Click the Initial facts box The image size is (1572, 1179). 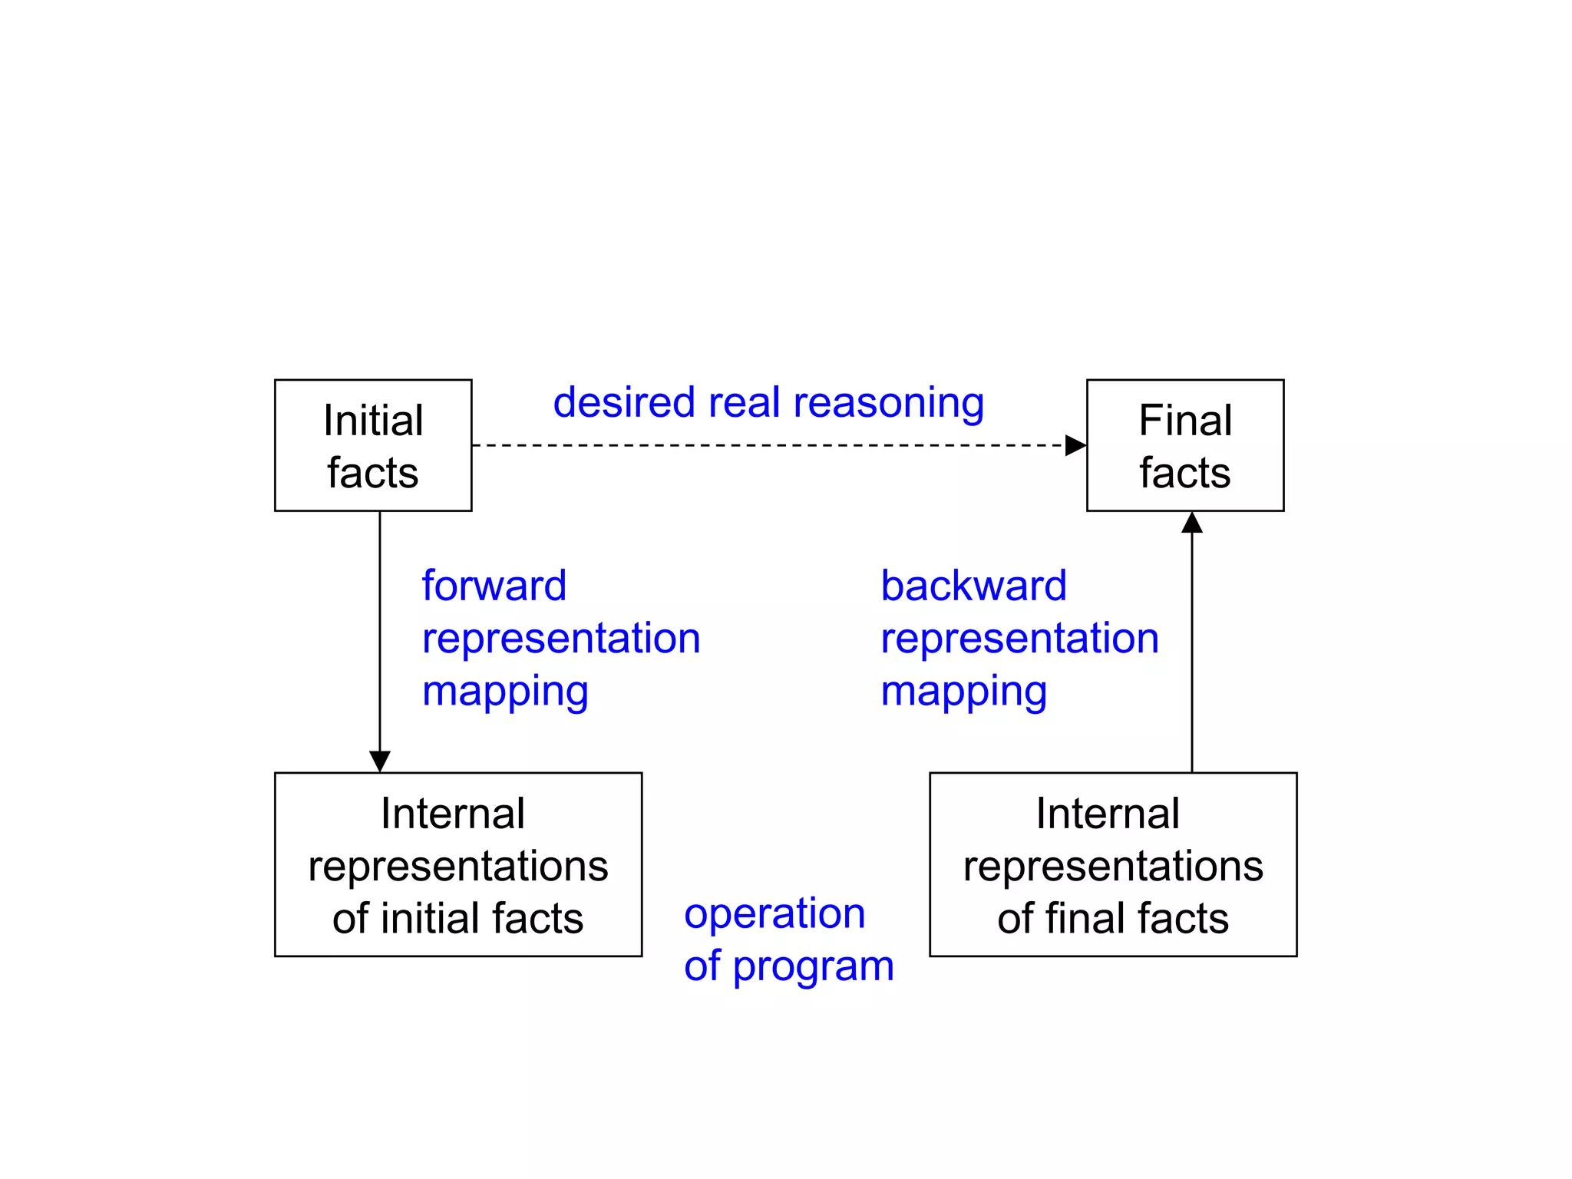click(x=373, y=445)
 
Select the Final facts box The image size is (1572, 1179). click(x=1185, y=445)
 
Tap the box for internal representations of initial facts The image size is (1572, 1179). click(x=458, y=864)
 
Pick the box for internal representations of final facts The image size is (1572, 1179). click(x=1113, y=864)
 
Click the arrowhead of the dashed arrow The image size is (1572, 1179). click(x=1075, y=445)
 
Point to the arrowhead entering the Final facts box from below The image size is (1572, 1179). click(x=1192, y=523)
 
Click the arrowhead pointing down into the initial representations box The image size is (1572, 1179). click(x=380, y=761)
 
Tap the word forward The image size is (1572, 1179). click(x=494, y=586)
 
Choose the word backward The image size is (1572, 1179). click(x=973, y=586)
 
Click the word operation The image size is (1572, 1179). click(x=774, y=913)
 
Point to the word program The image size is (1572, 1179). click(x=814, y=966)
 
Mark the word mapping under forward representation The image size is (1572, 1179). click(x=505, y=692)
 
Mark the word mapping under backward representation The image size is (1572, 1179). click(x=963, y=692)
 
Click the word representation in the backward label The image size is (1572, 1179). click(x=1019, y=639)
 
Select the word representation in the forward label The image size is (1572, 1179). click(x=561, y=639)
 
